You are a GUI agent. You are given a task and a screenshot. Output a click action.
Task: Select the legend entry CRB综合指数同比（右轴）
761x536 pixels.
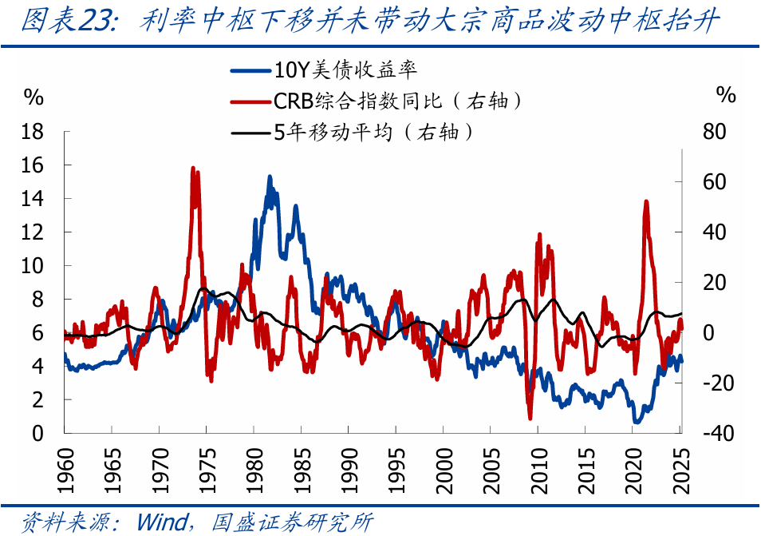pos(398,101)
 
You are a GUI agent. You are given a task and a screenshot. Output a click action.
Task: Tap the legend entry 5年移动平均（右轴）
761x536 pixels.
pos(373,132)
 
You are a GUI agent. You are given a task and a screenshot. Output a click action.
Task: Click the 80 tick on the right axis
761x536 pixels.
pos(716,132)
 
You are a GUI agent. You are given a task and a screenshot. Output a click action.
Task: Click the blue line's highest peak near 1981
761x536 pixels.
pos(270,177)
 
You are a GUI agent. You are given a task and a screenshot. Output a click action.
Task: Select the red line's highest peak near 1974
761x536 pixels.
pos(193,169)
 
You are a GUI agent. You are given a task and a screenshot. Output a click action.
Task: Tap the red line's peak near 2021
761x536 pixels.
pos(645,201)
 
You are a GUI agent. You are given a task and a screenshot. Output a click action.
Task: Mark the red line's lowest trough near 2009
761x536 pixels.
pos(530,418)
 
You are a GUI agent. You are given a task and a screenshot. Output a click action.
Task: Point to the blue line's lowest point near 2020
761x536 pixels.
pos(636,422)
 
